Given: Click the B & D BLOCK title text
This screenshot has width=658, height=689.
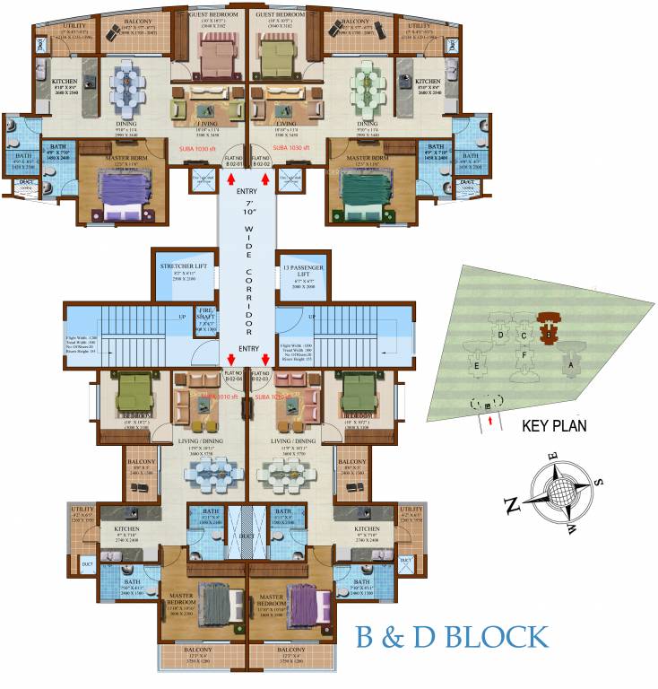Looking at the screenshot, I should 451,637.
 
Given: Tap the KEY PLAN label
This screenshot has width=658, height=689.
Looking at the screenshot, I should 553,427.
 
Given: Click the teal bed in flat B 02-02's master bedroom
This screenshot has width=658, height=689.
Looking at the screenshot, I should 368,192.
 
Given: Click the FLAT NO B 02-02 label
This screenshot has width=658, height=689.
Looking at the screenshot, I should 261,160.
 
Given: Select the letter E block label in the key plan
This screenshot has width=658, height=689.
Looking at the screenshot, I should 478,366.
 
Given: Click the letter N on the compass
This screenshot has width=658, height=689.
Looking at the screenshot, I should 513,507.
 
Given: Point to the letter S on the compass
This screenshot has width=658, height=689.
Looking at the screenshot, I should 599,482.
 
